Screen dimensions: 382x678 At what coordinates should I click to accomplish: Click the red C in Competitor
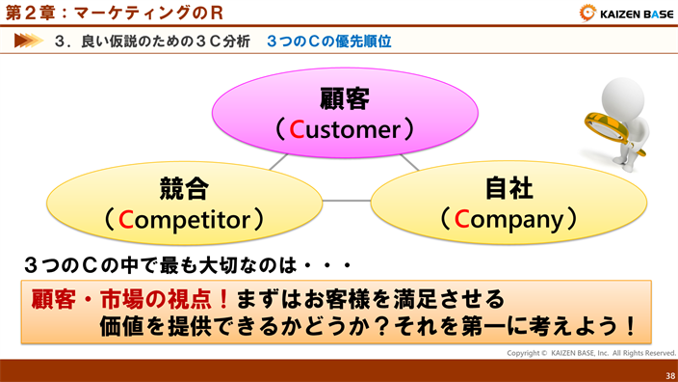pyautogui.click(x=126, y=220)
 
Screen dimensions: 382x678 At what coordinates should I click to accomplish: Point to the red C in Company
pyautogui.click(x=462, y=220)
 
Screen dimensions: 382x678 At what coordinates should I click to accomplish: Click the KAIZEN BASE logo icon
pyautogui.click(x=587, y=14)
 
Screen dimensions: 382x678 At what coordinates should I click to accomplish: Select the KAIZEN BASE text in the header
pyautogui.click(x=636, y=14)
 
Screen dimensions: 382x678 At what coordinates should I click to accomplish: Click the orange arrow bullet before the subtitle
pyautogui.click(x=29, y=41)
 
